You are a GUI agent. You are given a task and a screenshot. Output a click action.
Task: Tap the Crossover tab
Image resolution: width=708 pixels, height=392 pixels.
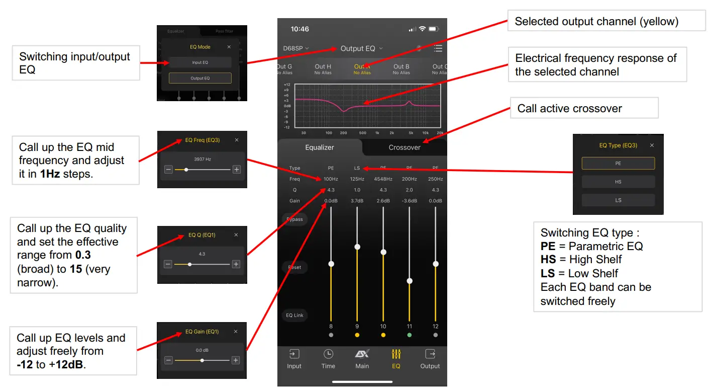[x=404, y=147]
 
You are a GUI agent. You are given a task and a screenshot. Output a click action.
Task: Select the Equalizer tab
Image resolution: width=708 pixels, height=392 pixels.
[x=320, y=147]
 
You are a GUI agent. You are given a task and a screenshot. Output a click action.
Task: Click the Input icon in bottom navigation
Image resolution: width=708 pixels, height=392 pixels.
[x=294, y=359]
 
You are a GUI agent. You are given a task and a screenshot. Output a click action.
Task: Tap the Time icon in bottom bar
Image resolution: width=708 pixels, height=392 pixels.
[x=328, y=359]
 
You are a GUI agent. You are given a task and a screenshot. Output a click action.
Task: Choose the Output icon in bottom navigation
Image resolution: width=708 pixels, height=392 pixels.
[x=430, y=359]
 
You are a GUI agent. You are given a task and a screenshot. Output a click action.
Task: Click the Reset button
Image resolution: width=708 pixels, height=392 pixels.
[x=295, y=267]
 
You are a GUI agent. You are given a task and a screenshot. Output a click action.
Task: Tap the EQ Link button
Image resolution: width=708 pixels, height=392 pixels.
[x=295, y=316]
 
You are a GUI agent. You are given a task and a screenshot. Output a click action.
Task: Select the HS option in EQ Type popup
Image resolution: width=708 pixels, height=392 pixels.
[x=618, y=182]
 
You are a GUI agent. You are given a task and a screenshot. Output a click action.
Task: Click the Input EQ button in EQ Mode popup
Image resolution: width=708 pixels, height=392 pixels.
[x=200, y=62]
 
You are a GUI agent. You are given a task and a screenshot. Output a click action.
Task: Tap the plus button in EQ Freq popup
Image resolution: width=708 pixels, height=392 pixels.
[x=236, y=170]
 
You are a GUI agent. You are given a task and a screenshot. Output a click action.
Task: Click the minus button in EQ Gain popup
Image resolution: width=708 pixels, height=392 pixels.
[x=168, y=360]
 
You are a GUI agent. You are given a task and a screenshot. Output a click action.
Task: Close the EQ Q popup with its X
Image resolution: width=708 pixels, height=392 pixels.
[x=236, y=235]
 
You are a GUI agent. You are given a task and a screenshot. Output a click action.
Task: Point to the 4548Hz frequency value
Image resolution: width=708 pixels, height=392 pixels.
[x=383, y=179]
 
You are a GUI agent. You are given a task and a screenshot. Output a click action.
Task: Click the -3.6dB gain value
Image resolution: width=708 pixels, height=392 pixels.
[x=409, y=201]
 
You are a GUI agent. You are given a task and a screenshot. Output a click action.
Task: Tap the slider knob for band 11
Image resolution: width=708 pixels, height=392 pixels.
[x=410, y=281]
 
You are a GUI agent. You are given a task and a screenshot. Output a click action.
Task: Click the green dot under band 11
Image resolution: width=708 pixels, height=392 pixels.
[x=410, y=335]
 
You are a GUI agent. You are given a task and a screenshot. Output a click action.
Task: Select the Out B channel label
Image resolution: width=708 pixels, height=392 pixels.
[x=401, y=69]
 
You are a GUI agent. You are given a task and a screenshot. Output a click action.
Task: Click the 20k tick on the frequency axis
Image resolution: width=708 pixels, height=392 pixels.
[x=440, y=133]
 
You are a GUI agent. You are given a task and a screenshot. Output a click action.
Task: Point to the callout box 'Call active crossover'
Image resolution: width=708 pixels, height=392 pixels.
[x=584, y=109]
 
